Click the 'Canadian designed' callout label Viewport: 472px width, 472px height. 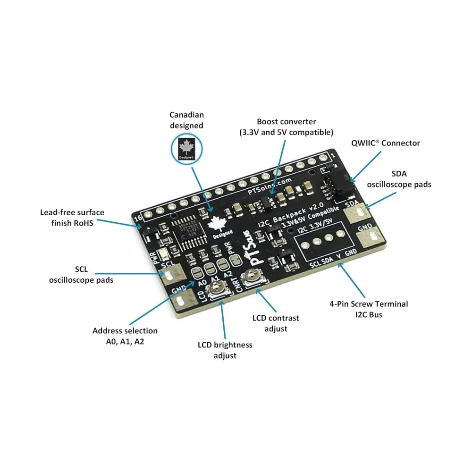tap(186, 120)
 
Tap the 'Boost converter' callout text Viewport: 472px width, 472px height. tap(286, 126)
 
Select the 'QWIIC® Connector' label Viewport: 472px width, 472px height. tap(385, 143)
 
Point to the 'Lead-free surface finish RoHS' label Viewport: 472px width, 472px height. tap(72, 218)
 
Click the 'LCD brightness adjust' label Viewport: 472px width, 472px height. tap(225, 350)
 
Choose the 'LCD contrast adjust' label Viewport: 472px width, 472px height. tap(276, 323)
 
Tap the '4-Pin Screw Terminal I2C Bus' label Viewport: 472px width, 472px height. tap(369, 309)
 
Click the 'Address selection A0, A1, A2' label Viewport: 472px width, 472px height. tap(125, 336)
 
